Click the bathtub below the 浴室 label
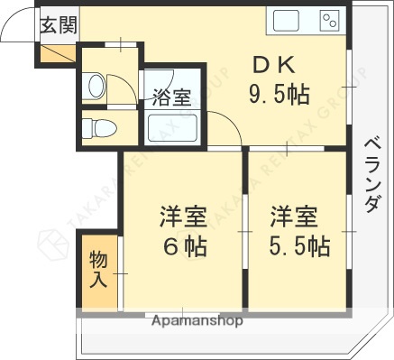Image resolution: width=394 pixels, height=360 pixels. pyautogui.click(x=172, y=128)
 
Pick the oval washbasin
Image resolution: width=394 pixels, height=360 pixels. pyautogui.click(x=96, y=86)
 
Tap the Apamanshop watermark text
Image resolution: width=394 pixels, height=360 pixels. pyautogui.click(x=197, y=320)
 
